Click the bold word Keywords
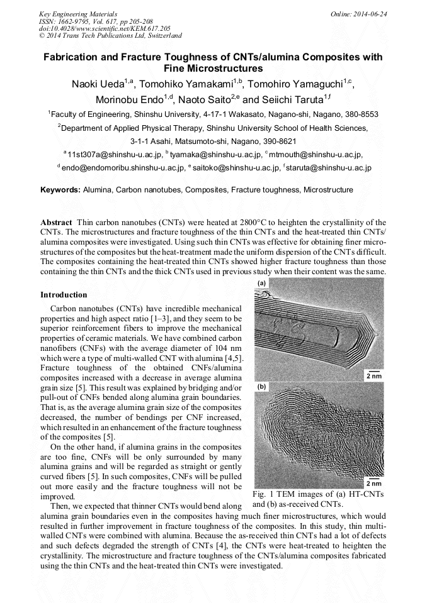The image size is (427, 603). tap(60, 189)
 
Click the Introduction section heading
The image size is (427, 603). tap(64, 294)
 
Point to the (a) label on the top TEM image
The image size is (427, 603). tap(261, 284)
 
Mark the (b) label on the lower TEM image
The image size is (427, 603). tap(261, 387)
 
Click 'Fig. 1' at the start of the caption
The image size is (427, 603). tap(262, 494)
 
